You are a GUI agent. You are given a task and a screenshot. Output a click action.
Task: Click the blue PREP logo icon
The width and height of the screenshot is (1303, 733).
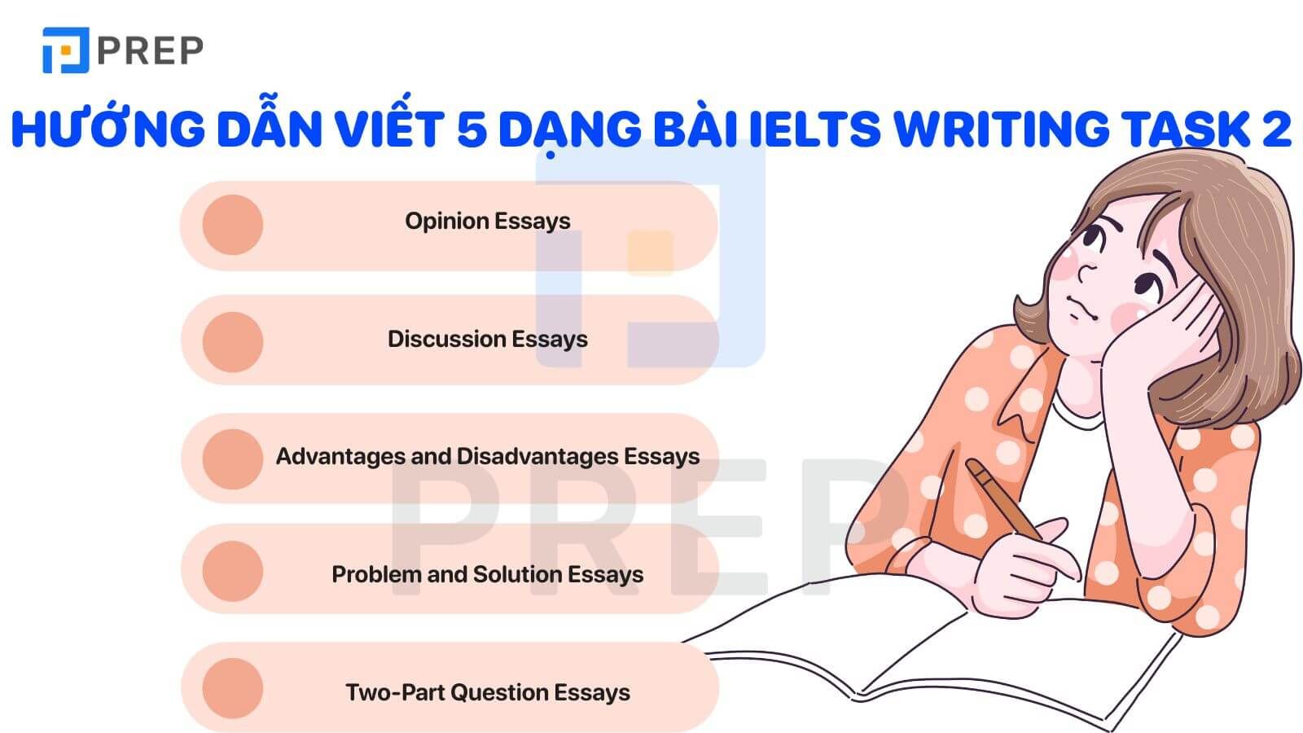click(66, 50)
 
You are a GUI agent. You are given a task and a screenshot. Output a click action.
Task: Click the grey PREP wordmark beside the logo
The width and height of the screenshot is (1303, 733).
click(150, 50)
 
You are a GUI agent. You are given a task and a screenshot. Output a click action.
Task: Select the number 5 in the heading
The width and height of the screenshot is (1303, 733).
click(472, 129)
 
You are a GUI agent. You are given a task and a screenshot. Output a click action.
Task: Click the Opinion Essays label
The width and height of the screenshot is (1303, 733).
click(488, 222)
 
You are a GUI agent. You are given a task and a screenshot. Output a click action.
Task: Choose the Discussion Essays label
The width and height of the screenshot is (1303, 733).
click(488, 339)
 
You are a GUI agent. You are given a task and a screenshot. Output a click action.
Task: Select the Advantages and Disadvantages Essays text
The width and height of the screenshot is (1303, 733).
click(488, 457)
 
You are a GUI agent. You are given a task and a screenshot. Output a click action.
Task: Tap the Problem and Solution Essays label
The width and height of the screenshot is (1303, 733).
click(488, 575)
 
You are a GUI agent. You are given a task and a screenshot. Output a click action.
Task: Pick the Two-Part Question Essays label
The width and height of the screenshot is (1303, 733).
click(488, 693)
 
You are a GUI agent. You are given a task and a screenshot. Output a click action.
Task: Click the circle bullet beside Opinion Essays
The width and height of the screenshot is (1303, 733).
click(233, 225)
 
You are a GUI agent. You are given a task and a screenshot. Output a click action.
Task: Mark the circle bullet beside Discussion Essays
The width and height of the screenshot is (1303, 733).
click(233, 342)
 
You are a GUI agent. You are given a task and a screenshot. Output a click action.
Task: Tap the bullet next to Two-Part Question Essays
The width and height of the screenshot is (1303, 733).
click(233, 688)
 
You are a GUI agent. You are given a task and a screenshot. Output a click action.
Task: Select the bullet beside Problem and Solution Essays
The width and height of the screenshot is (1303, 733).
click(233, 571)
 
